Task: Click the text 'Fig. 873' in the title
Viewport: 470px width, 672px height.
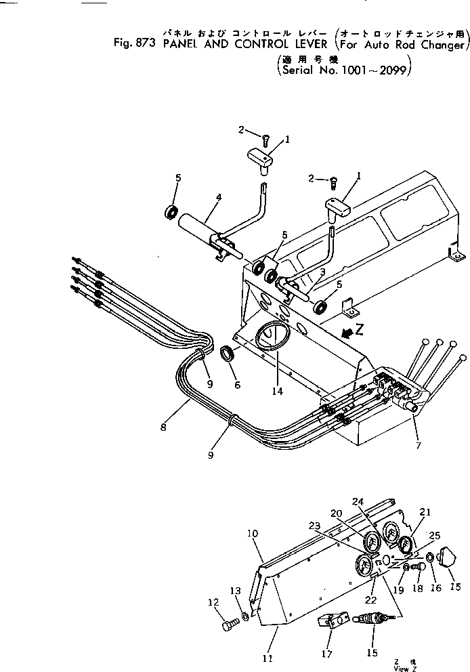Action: [135, 46]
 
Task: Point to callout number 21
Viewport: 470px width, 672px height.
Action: [426, 512]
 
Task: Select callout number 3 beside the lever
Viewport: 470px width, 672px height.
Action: [323, 272]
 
